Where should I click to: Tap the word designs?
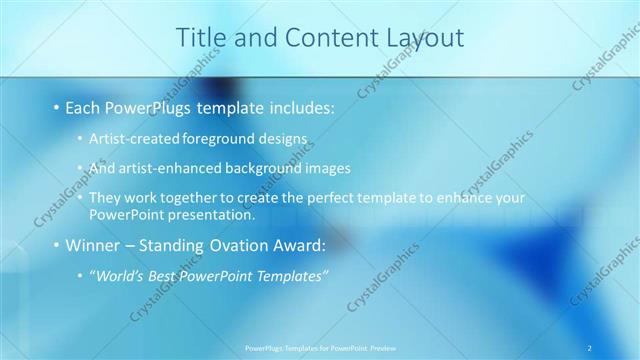click(284, 139)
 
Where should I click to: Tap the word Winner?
click(92, 245)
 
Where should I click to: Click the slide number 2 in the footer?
click(590, 348)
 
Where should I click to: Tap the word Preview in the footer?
click(383, 348)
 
